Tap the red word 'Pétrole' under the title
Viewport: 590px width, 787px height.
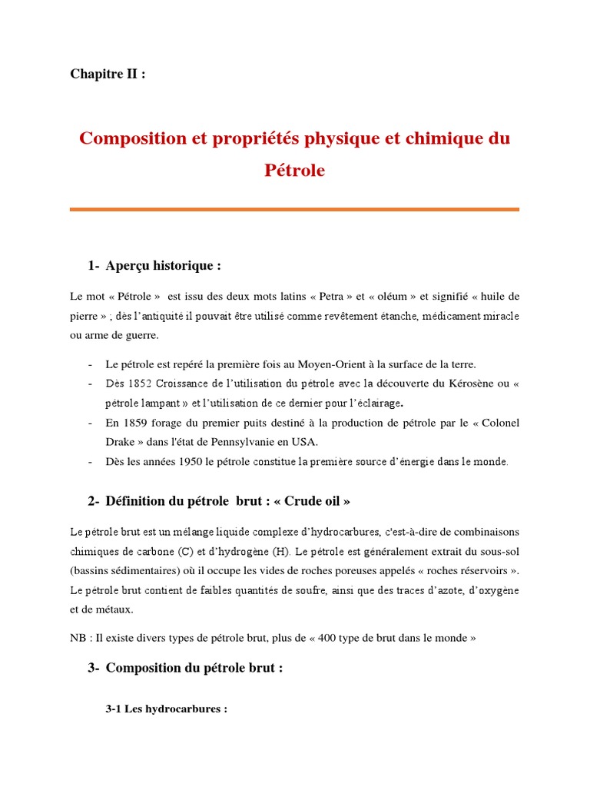pos(294,171)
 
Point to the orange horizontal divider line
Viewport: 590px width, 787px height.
pos(294,209)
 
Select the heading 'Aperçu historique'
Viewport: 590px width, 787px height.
pos(163,265)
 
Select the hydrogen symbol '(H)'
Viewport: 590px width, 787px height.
pos(279,550)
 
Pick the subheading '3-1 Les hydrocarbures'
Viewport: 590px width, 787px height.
pos(166,709)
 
